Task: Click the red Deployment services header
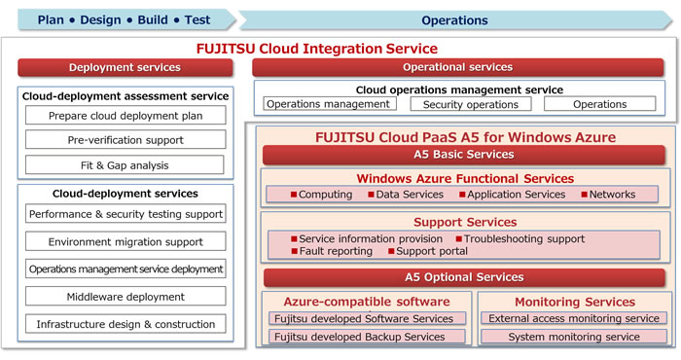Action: pos(125,67)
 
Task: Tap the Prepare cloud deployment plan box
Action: pos(124,116)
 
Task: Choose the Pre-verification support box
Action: pos(124,140)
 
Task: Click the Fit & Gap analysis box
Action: pos(124,164)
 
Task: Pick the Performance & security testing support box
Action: pos(125,213)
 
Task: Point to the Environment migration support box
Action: pos(125,240)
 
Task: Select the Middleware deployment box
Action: pos(125,296)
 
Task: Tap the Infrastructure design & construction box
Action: pos(125,324)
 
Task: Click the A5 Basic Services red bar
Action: pos(462,154)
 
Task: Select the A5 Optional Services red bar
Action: pos(462,277)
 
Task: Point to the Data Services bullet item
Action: pos(409,195)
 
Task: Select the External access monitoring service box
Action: pos(573,318)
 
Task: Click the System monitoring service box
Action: pos(573,338)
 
